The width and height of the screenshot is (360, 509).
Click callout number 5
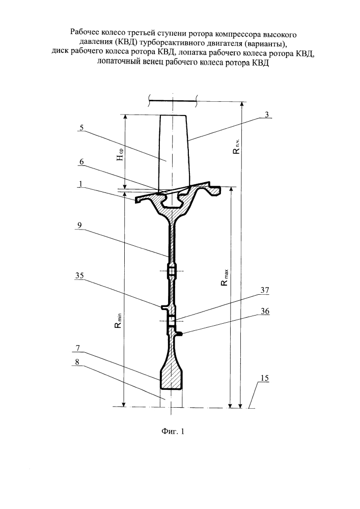[81, 128]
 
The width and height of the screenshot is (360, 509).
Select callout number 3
[267, 115]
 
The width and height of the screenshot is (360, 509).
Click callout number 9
[80, 225]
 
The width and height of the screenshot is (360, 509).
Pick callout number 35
[79, 275]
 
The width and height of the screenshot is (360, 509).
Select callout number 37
[265, 290]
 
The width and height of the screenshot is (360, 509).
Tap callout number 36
[265, 311]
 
